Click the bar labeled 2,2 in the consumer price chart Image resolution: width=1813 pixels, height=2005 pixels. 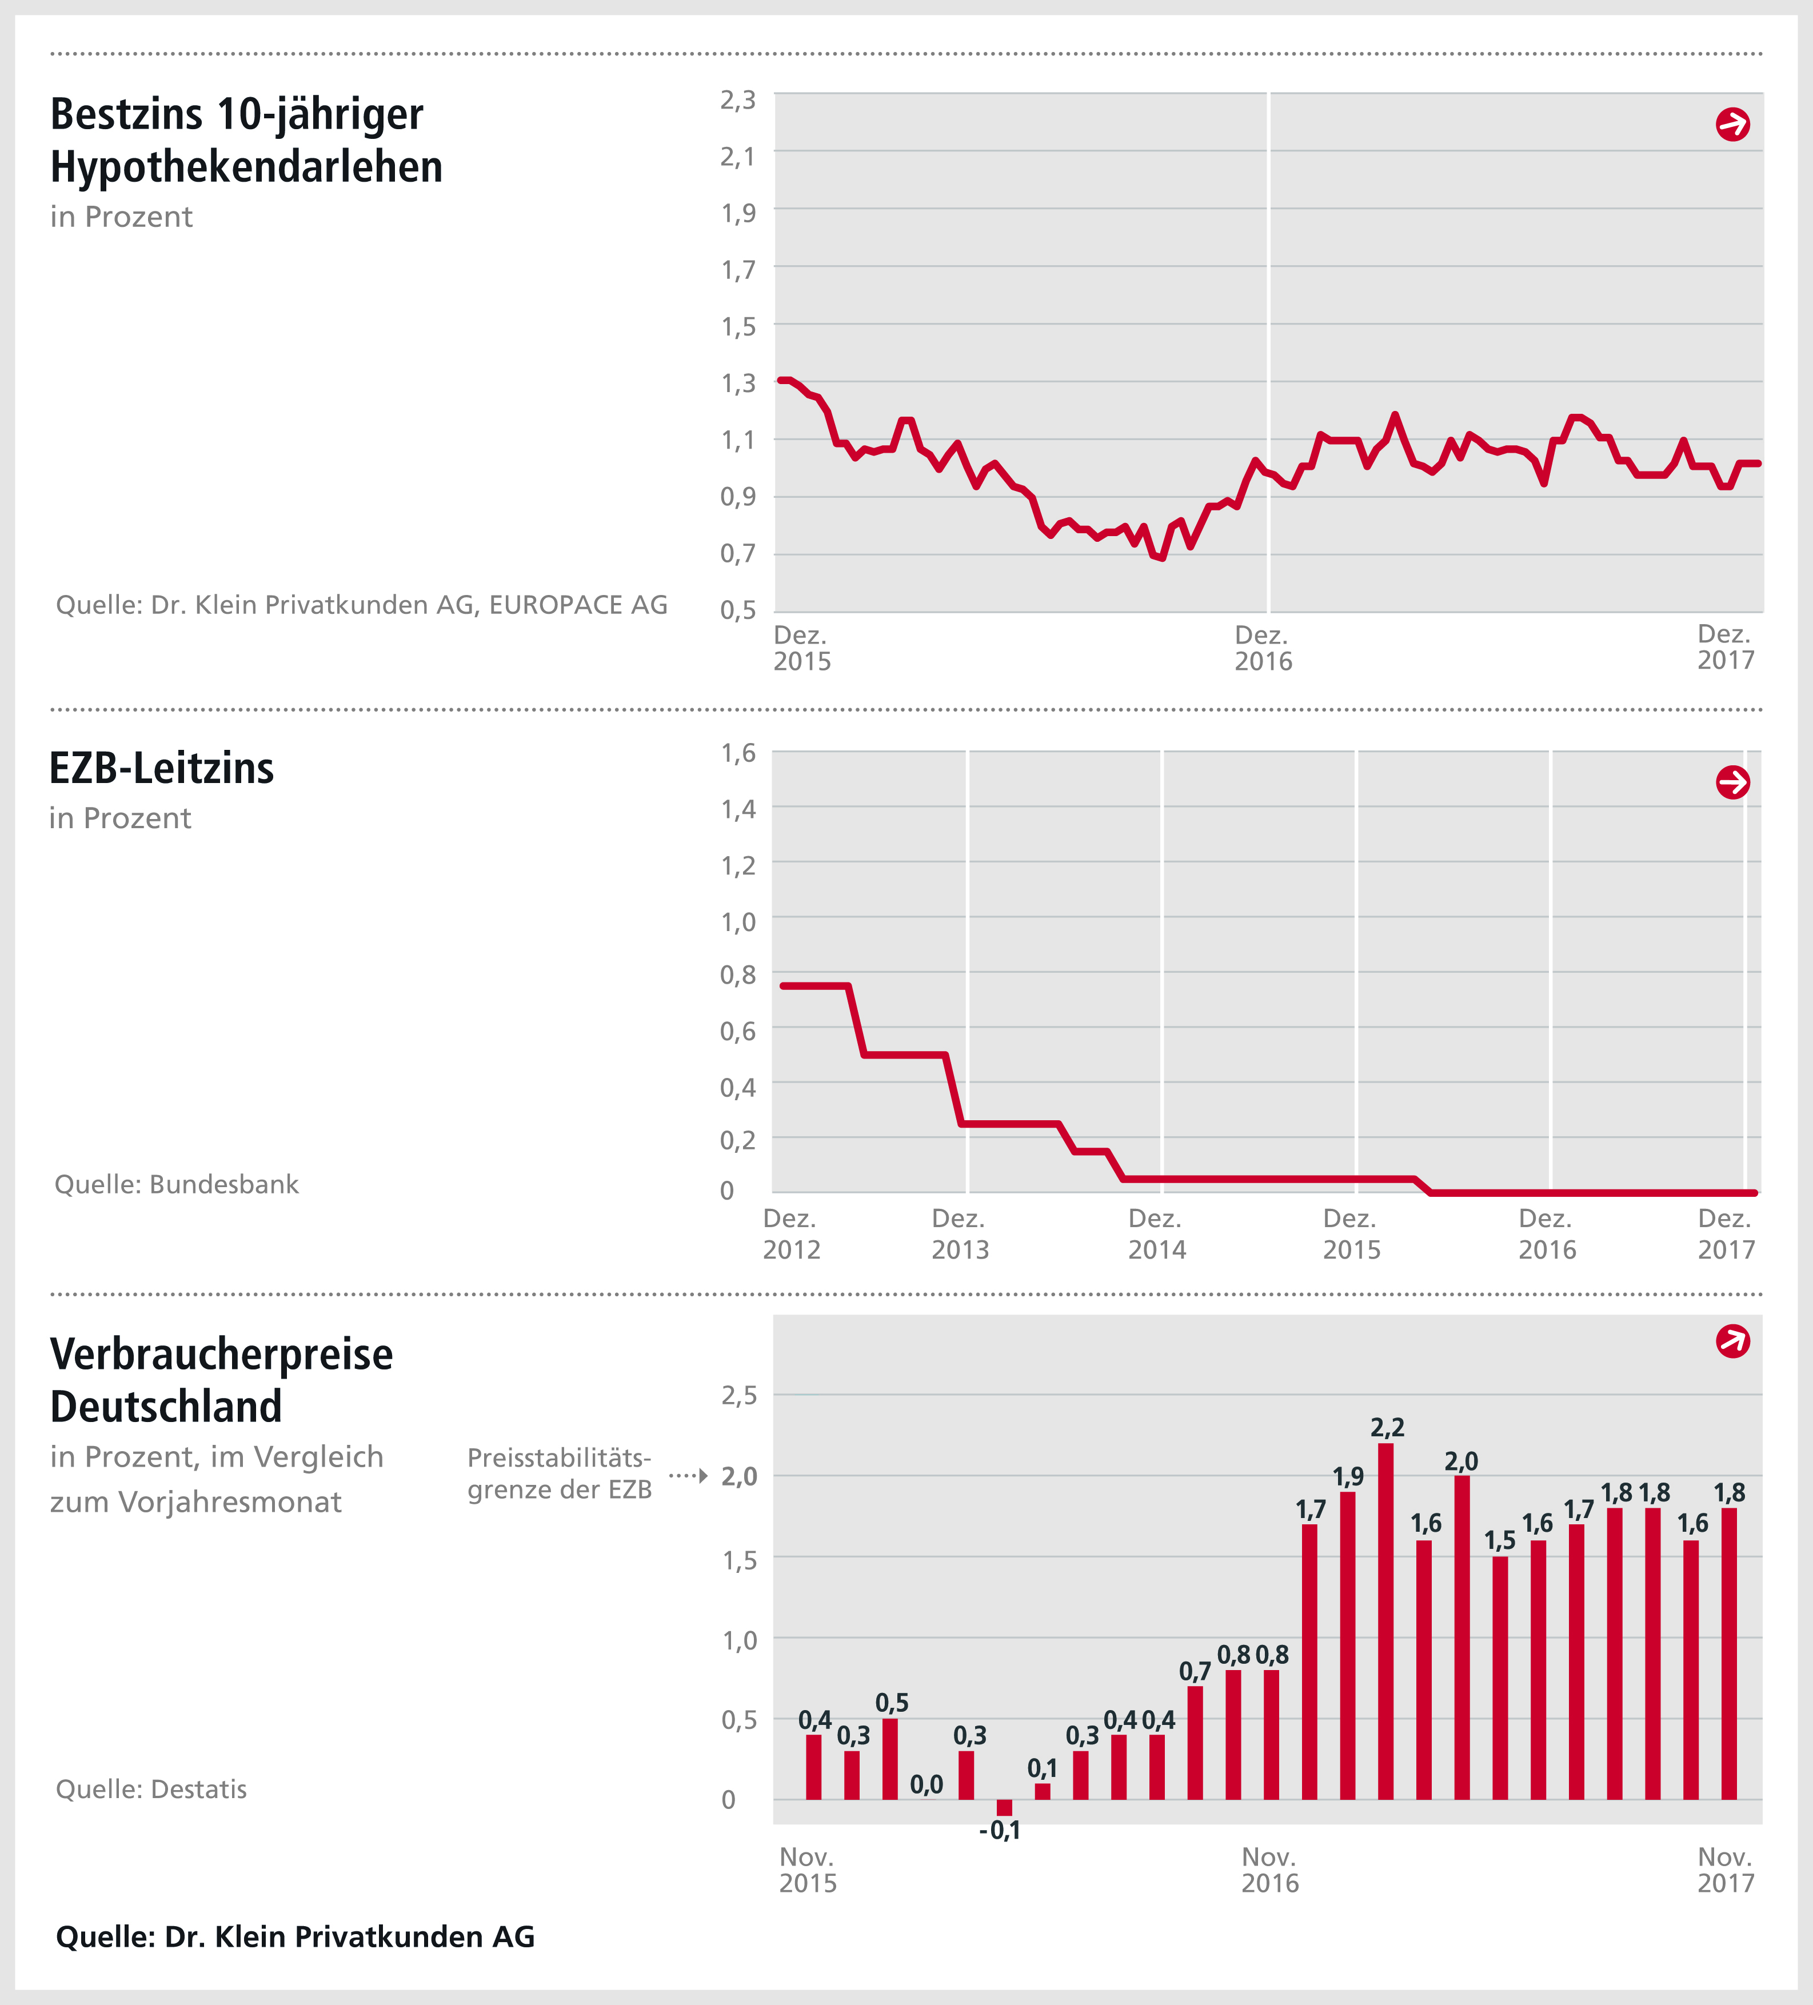[1385, 1621]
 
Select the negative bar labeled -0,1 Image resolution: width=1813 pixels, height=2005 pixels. [1004, 1808]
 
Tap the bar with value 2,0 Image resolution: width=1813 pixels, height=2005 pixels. [1462, 1637]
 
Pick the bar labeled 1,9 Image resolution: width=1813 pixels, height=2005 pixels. [1348, 1646]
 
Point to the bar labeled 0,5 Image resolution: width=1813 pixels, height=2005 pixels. [890, 1758]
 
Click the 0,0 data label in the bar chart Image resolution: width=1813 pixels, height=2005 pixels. [927, 1785]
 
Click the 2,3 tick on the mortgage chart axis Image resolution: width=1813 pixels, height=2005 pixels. [738, 99]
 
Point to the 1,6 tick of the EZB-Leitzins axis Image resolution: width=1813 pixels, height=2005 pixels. [738, 753]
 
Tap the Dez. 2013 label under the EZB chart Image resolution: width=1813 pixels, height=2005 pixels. [960, 1234]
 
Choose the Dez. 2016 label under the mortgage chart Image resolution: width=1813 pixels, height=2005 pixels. [1263, 649]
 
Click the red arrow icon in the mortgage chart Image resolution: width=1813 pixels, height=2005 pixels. [1732, 125]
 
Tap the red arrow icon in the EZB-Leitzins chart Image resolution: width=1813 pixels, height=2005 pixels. [1732, 782]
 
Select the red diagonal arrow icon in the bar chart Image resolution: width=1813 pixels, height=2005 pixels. [1732, 1341]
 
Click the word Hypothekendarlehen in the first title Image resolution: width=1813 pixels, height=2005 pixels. [247, 167]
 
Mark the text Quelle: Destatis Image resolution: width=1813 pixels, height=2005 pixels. [151, 1789]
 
